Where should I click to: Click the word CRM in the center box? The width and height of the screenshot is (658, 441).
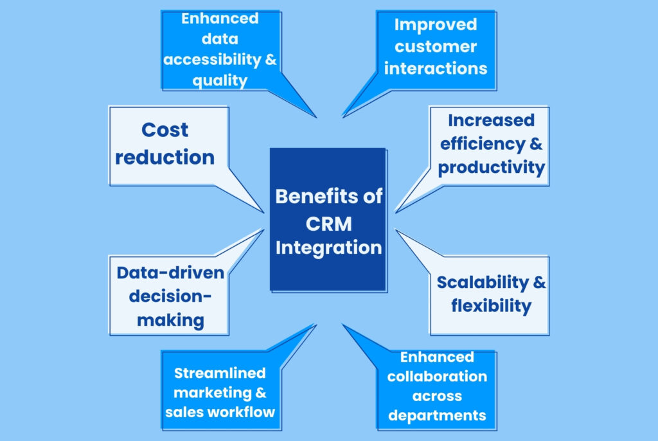328,224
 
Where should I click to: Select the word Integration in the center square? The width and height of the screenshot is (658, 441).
328,248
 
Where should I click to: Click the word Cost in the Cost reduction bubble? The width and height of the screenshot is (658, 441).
164,130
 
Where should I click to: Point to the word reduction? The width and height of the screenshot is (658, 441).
165,157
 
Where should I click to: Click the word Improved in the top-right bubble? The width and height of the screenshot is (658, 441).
436,25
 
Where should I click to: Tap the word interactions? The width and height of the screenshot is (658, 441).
436,68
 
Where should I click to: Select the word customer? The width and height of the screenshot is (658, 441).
436,47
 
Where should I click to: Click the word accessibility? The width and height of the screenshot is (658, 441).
212,60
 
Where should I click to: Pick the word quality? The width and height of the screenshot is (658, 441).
220,80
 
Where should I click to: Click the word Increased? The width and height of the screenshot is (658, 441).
492,121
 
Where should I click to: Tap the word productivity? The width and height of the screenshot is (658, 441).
492,168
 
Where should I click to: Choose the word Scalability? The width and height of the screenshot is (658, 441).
483,283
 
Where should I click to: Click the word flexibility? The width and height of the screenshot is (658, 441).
492,306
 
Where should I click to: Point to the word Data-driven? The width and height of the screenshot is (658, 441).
170,273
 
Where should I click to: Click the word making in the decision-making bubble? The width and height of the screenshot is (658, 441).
170,320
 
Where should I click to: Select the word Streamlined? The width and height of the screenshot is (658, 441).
220,373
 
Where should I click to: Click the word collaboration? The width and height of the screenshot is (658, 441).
437,376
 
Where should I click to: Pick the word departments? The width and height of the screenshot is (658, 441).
437,415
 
